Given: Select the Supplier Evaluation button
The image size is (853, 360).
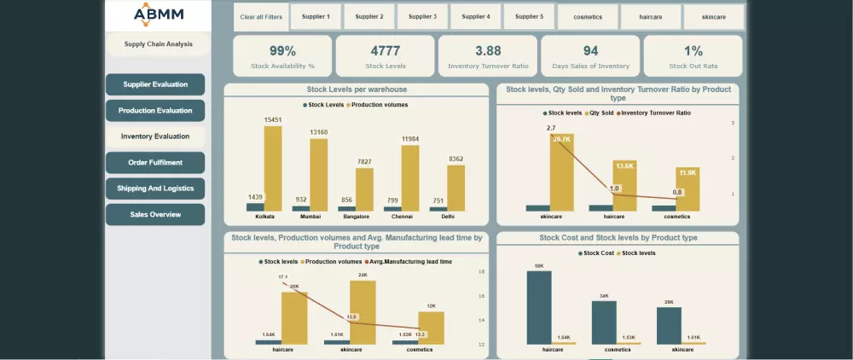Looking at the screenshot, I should click(155, 84).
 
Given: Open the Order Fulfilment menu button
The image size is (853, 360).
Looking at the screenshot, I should click(155, 162).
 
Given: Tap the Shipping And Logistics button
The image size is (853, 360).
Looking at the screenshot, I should click(155, 189).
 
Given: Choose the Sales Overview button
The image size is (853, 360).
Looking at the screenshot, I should click(155, 215).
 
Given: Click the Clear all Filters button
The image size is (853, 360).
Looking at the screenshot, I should click(261, 17).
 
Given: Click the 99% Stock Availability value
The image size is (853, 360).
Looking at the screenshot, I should click(282, 51).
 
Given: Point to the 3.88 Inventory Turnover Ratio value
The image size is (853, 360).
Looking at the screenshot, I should click(488, 51).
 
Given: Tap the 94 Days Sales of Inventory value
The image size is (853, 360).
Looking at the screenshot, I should click(590, 51).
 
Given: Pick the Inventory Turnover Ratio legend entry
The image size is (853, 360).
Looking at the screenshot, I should click(655, 113).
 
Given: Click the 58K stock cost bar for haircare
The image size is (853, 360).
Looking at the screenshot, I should click(539, 307).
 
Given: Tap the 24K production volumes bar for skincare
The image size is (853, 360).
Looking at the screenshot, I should click(363, 312).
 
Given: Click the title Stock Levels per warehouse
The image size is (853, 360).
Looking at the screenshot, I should click(356, 90).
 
